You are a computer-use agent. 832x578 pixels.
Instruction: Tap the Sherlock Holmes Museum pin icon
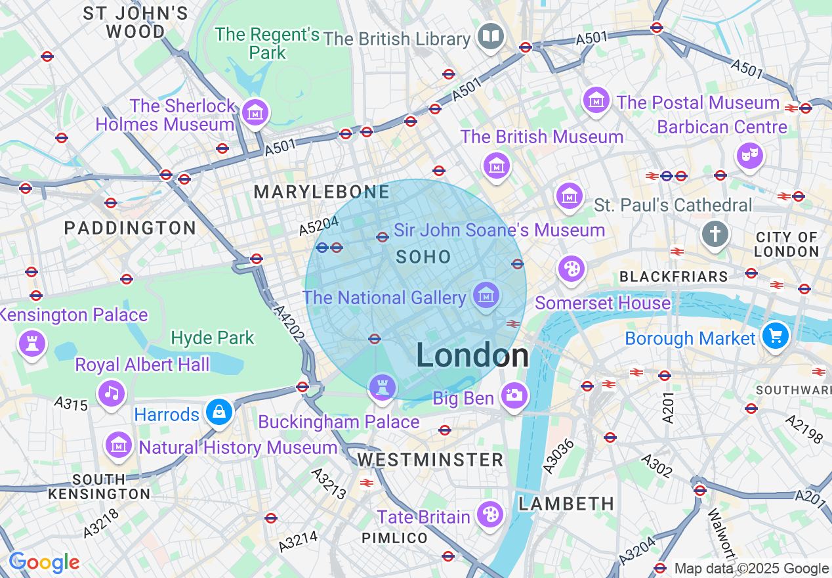pos(255,113)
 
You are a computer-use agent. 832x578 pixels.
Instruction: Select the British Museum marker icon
pos(497,165)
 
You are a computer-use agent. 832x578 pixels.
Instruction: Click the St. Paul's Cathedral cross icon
pos(715,234)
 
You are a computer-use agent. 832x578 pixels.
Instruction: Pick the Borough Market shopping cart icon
pos(775,336)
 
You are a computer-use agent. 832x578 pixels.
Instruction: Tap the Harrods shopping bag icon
pos(218,412)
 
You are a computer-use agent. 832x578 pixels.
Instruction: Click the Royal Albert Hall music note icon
pos(112,393)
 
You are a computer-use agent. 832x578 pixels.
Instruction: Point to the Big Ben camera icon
pos(514,395)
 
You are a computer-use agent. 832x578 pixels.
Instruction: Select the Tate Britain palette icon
pos(490,515)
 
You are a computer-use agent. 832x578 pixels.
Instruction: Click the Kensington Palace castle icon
pos(32,343)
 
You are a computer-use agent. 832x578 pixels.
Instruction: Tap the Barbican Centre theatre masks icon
pos(749,156)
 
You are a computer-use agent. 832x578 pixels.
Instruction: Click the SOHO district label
pos(423,257)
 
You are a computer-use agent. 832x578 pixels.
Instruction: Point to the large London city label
pos(472,356)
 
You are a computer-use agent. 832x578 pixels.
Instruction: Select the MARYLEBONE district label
pos(322,192)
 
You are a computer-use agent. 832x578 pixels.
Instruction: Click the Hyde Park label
pos(212,338)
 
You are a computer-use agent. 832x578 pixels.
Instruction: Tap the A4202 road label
pos(289,322)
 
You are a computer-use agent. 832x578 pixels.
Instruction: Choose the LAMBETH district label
pos(566,504)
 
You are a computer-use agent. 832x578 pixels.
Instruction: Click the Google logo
pos(44,562)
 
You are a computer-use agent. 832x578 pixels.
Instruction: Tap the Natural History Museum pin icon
pos(119,445)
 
